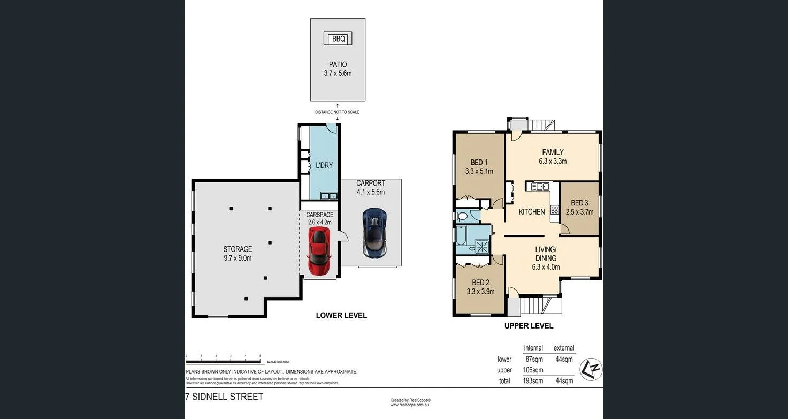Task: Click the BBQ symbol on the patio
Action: pos(338,39)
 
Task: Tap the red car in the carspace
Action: pos(319,249)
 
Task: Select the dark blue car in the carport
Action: pos(373,232)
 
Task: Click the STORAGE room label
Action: pos(238,249)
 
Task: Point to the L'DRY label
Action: pos(324,165)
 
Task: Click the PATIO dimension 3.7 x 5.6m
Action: pos(338,73)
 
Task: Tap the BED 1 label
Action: pos(479,163)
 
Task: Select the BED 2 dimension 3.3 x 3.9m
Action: pos(480,292)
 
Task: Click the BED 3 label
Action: pos(579,203)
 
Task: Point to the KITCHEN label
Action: pos(532,212)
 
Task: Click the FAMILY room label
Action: pos(552,152)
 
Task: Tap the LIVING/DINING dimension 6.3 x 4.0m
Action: pos(546,267)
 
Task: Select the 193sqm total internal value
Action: pos(533,381)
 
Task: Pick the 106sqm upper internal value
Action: pos(533,370)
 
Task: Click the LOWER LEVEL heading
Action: pos(341,315)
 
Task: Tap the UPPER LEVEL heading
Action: pos(529,326)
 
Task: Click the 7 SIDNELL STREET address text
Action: pos(224,397)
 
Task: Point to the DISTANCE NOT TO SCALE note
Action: pos(337,112)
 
